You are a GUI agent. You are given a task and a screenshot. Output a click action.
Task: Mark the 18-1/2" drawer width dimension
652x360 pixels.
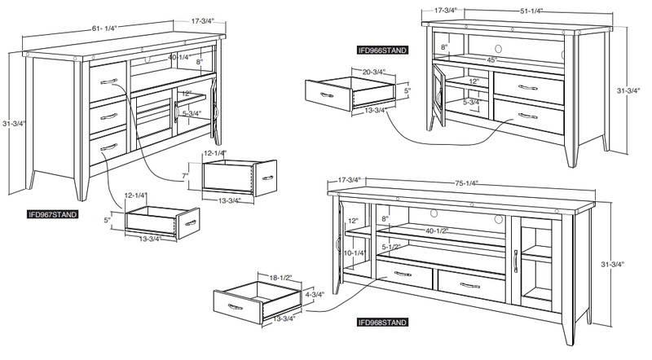click(271, 278)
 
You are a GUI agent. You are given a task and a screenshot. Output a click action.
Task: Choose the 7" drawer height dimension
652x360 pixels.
click(186, 176)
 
